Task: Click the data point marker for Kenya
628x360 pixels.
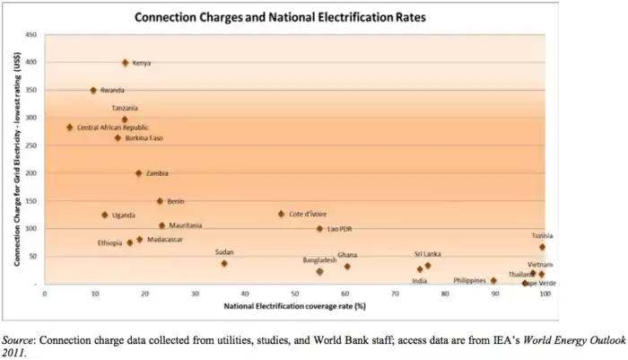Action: coord(125,63)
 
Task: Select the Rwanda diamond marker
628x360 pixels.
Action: coord(93,91)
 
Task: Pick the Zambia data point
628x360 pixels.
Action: coord(138,173)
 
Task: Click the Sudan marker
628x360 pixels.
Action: coord(224,263)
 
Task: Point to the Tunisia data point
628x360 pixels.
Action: coord(542,247)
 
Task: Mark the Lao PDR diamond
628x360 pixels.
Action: coord(318,229)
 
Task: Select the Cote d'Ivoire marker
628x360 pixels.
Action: coord(281,215)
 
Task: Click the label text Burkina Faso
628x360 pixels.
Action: coord(144,138)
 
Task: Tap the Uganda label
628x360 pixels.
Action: coord(124,215)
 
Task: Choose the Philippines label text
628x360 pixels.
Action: coord(469,280)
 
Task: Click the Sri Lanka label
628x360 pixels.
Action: coord(427,254)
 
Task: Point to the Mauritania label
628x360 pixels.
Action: coord(186,225)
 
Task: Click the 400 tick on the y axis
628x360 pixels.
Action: coord(31,63)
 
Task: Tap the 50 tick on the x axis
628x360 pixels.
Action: coord(293,293)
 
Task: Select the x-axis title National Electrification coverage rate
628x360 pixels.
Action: coord(292,305)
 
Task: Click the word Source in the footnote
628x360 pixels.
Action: coord(20,341)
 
